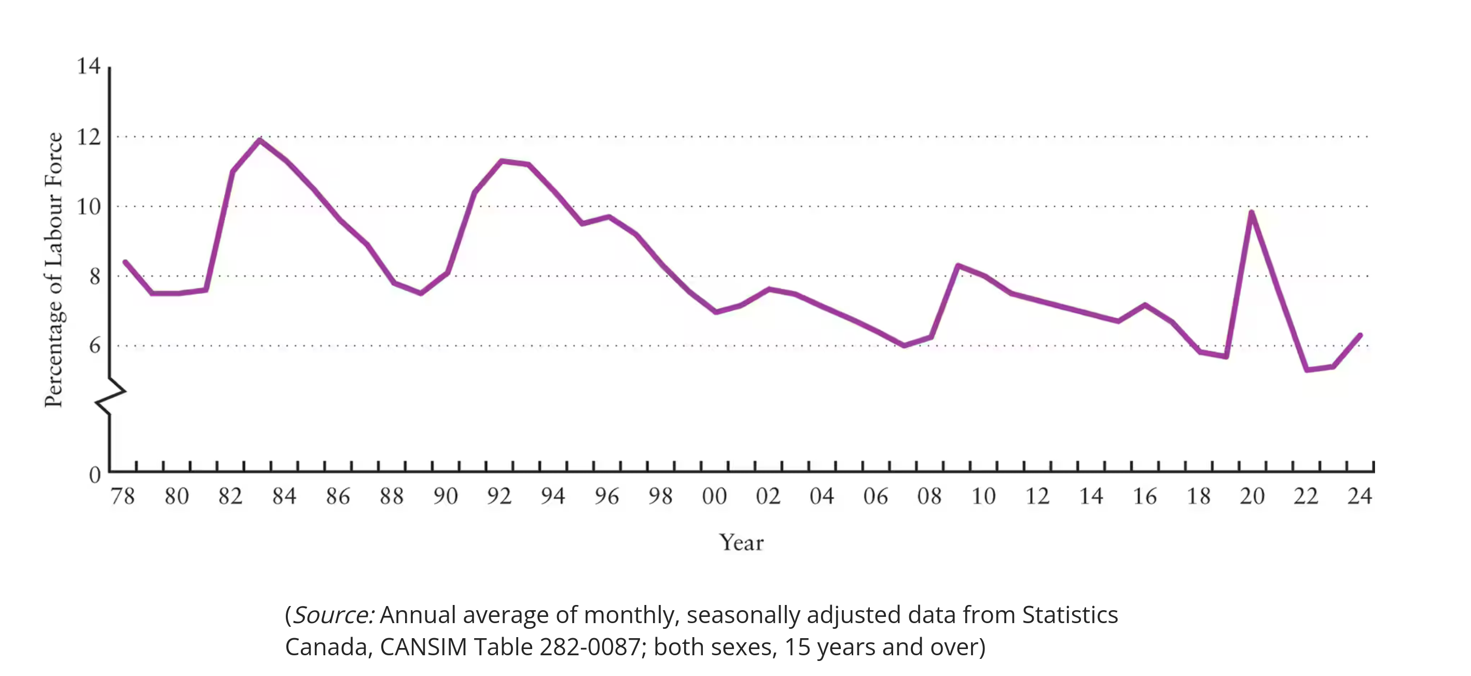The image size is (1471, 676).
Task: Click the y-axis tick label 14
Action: (89, 66)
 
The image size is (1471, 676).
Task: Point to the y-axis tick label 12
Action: (89, 137)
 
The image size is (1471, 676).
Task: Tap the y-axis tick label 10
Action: (89, 207)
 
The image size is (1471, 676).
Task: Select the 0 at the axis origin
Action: (95, 474)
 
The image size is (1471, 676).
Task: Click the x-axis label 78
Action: (123, 496)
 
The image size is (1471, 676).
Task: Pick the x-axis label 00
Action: (714, 496)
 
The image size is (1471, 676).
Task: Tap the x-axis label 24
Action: (1359, 496)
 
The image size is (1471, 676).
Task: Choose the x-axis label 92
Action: (499, 496)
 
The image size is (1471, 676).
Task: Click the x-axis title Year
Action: (741, 542)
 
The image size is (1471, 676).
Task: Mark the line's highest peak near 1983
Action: (260, 140)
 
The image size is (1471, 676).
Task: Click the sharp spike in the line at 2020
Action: (1251, 213)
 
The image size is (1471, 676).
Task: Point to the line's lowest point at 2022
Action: (1307, 370)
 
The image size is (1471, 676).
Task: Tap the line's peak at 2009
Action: (957, 265)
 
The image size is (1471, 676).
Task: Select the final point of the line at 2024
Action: (1360, 335)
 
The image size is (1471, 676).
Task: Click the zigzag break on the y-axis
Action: (109, 397)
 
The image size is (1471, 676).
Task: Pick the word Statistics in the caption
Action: (1070, 615)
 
